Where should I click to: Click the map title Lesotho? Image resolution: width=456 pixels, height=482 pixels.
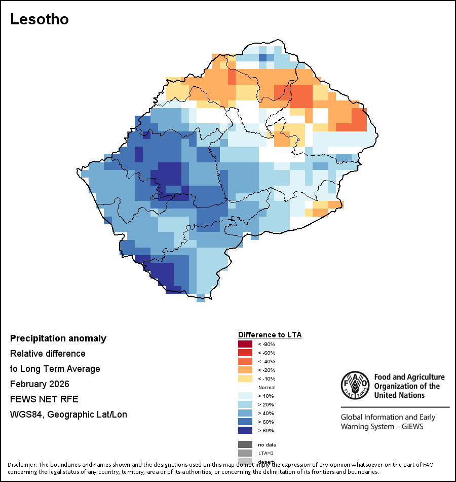(x=40, y=19)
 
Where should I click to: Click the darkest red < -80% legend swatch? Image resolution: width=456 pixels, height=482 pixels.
(x=245, y=344)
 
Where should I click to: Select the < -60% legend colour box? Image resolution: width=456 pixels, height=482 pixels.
(x=245, y=353)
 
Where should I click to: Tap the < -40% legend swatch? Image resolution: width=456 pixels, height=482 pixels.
(x=245, y=361)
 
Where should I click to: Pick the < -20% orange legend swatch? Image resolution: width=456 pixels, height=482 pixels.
(x=245, y=370)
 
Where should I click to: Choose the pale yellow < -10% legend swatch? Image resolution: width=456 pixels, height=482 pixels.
(x=245, y=378)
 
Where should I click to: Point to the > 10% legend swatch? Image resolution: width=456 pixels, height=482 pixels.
(x=245, y=396)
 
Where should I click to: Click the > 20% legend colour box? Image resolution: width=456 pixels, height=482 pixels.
(x=245, y=404)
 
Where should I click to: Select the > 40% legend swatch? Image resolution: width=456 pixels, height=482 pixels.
(x=245, y=413)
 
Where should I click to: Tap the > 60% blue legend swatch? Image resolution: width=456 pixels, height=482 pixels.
(x=245, y=422)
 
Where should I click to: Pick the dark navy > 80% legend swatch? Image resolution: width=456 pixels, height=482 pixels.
(x=245, y=430)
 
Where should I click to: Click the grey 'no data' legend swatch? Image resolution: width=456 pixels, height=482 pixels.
(x=245, y=444)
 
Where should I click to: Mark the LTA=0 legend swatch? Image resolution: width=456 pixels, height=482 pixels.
(x=245, y=453)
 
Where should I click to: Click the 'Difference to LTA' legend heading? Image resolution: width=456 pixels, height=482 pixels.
(x=270, y=335)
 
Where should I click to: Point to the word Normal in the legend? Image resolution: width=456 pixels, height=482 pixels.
(x=267, y=387)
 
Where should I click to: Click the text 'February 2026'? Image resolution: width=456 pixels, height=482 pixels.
(x=40, y=384)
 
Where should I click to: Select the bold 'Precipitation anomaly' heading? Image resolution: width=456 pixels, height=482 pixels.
(x=58, y=338)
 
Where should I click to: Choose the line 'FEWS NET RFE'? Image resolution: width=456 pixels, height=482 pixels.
(x=44, y=399)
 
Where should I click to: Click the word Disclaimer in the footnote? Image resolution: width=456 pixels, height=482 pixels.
(x=21, y=465)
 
